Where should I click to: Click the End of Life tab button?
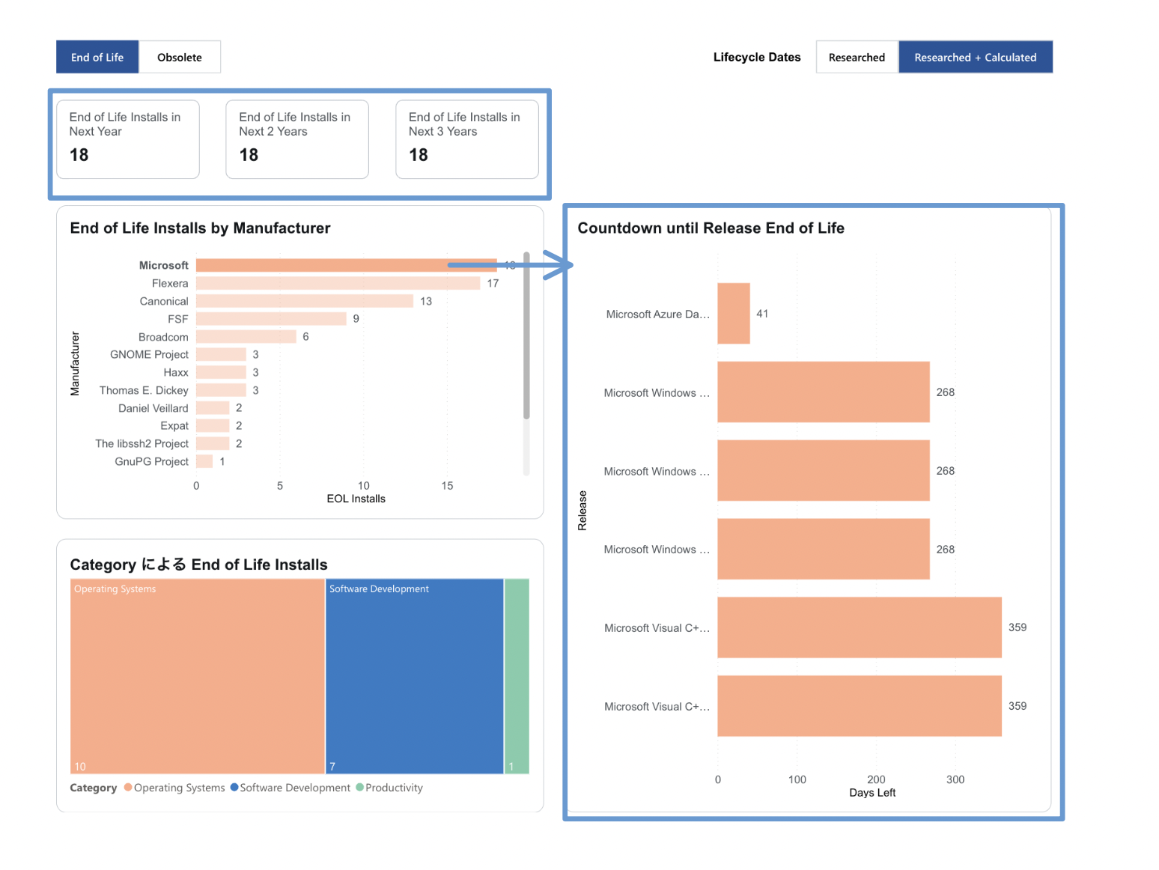point(97,57)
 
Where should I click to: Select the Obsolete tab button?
point(180,57)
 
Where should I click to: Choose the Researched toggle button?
point(857,57)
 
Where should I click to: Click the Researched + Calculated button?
point(975,57)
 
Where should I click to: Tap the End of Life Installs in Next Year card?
point(128,139)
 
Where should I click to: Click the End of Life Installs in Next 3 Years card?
point(466,139)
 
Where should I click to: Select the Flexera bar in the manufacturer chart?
point(338,283)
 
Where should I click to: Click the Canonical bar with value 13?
point(305,301)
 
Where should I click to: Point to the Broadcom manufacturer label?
point(163,337)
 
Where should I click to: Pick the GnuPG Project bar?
point(204,461)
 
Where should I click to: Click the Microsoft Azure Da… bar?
point(734,314)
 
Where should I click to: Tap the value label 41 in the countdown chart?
point(762,314)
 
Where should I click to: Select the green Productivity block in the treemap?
point(517,675)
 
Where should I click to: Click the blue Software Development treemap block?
point(414,675)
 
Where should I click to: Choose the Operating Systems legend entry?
point(174,788)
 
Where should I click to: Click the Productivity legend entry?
point(389,788)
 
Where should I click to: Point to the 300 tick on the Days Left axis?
point(955,779)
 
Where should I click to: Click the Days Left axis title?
point(872,793)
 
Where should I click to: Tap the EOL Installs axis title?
point(356,499)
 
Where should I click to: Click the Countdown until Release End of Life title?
point(711,228)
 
